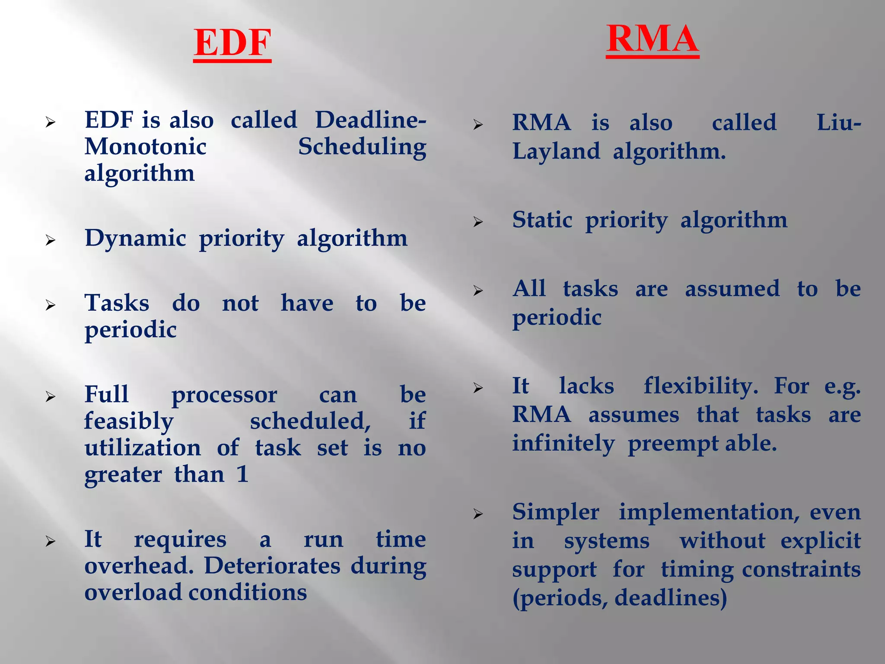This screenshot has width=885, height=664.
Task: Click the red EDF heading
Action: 232,43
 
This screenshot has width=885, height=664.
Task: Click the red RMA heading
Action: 653,39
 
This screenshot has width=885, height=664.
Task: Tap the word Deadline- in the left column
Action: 370,120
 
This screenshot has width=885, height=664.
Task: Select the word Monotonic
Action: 145,147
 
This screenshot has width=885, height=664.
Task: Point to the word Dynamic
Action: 135,239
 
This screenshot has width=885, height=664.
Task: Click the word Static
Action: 542,220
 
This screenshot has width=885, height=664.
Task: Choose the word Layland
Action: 556,152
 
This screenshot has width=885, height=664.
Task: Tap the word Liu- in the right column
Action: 839,122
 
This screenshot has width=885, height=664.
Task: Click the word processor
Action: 224,395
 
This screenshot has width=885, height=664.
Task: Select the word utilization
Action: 143,447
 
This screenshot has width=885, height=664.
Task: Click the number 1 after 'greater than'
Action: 242,474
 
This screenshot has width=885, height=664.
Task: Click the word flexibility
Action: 700,386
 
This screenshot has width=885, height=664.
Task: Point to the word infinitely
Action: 563,444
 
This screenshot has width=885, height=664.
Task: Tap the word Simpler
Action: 556,512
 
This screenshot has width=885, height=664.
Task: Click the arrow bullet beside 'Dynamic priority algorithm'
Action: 51,240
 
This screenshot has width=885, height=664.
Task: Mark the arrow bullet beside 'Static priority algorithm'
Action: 478,222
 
